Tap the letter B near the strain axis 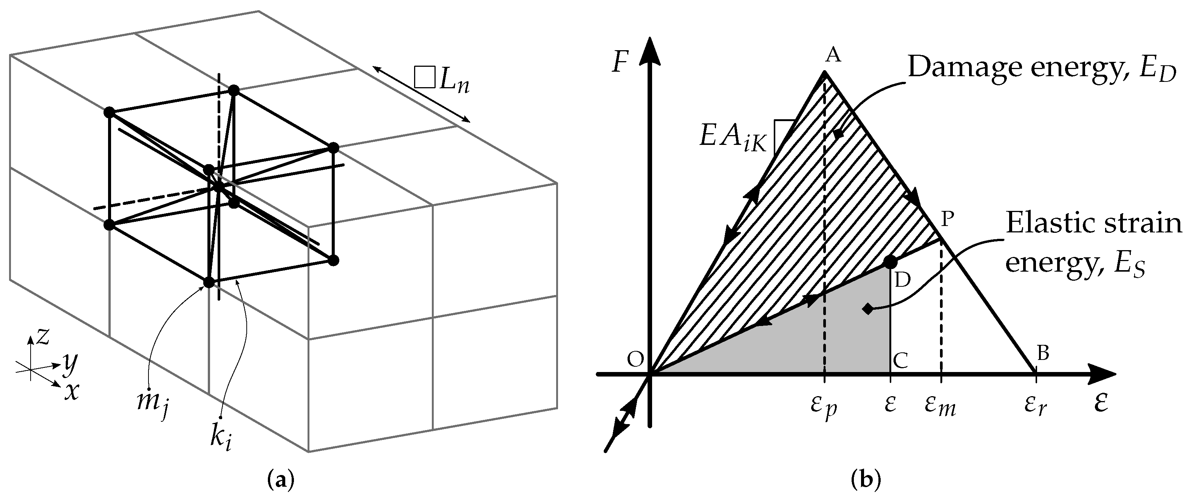pos(1042,353)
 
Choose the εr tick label pos(1036,406)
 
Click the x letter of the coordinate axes pos(70,392)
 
